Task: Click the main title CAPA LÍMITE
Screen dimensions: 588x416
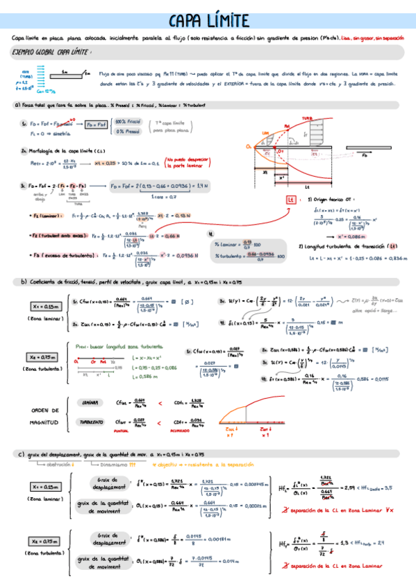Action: [208, 21]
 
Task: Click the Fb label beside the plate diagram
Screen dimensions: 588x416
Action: [365, 157]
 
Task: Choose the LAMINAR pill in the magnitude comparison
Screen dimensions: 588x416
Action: [91, 402]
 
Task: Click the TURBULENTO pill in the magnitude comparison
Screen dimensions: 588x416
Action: [91, 422]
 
